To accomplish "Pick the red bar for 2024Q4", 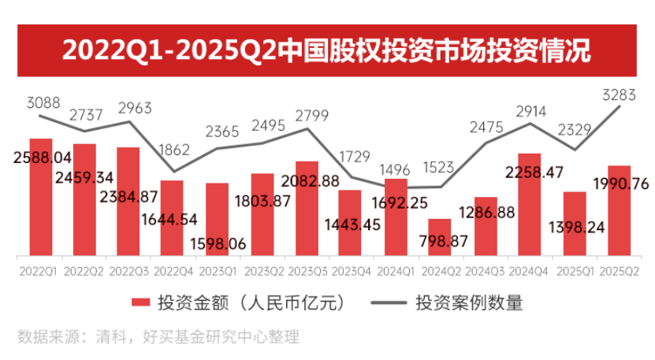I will click(530, 204).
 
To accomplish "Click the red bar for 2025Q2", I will click(620, 210).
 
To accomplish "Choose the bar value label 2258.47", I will click(530, 171).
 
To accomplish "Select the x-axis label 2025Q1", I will click(575, 270).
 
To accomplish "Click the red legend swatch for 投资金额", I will click(140, 302).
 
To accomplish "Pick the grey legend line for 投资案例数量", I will click(385, 302).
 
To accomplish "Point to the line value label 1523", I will click(439, 166).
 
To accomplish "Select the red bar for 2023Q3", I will click(307, 208).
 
